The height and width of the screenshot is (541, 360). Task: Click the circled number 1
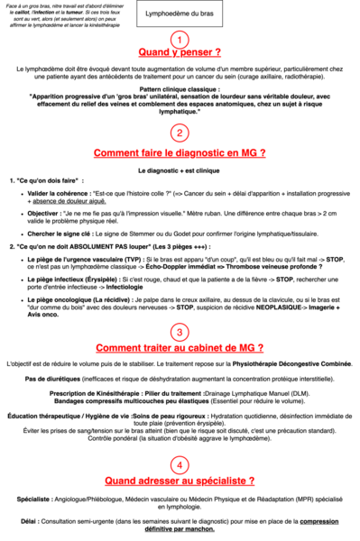click(180, 39)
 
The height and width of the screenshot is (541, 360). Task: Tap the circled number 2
click(180, 133)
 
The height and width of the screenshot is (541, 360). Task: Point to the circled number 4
click(180, 464)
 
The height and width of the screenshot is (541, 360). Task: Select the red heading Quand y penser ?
click(180, 52)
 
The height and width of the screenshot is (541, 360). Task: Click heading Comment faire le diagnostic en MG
click(180, 152)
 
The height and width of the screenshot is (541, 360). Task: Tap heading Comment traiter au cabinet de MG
click(180, 348)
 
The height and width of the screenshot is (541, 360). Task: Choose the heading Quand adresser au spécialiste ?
click(180, 481)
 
